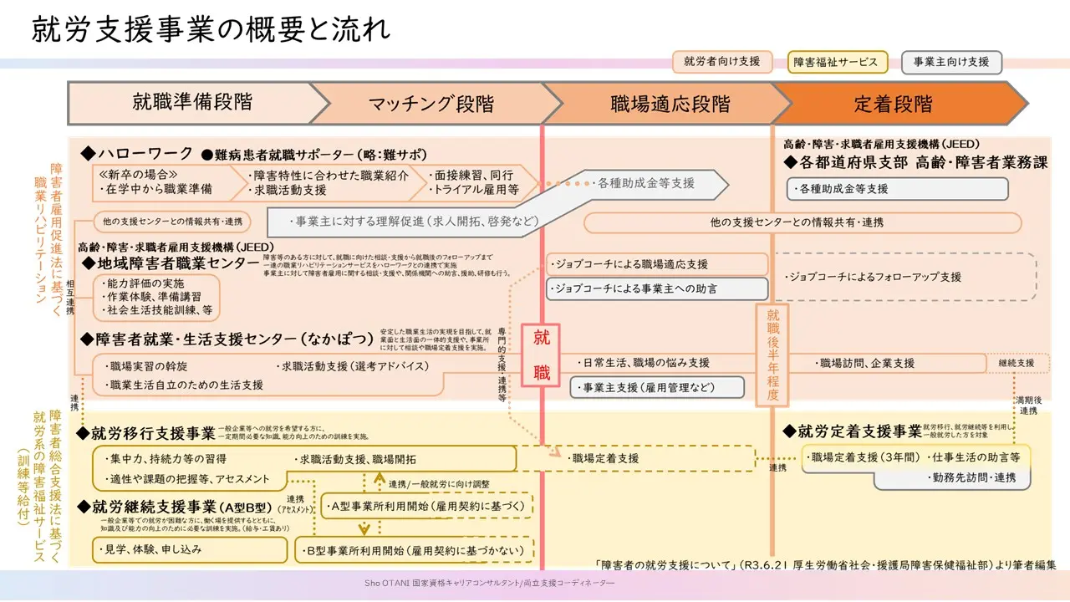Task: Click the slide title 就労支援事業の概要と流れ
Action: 211,29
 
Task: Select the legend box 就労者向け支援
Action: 722,62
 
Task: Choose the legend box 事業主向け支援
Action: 951,62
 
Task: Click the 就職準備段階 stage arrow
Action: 192,103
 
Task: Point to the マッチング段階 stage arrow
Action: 431,104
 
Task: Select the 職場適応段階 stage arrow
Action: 670,104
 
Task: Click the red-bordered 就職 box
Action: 541,355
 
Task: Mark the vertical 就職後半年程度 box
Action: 772,355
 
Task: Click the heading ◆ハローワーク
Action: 137,154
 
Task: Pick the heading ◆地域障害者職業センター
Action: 171,263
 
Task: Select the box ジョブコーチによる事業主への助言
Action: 657,288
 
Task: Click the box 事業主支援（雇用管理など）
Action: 657,387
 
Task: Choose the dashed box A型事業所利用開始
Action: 427,506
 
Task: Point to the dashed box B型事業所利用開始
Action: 415,549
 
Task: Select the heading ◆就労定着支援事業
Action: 852,431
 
